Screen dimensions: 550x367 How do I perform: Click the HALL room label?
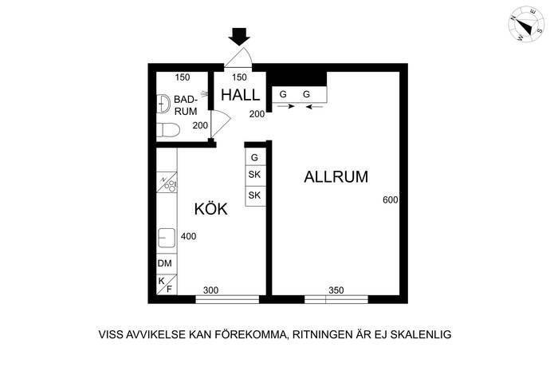coord(240,95)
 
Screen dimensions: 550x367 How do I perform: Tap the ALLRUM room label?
coord(336,176)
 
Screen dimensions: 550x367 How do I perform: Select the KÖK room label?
coord(210,208)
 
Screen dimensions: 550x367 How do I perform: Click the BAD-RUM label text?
coord(186,105)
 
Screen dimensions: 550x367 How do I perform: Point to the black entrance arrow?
coord(239,37)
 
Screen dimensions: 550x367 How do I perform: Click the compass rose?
coord(526,24)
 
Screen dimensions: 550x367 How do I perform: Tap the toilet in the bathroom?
coord(168,130)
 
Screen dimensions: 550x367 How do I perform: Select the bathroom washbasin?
coord(163,104)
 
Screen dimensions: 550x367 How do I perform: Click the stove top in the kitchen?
coord(167,182)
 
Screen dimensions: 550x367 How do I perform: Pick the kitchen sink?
coord(167,238)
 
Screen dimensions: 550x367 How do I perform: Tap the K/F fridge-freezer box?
coord(167,285)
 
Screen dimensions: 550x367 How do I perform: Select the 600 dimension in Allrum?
coord(391,199)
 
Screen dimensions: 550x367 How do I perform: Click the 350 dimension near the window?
coord(336,290)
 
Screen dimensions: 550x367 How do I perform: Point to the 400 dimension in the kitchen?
coord(188,236)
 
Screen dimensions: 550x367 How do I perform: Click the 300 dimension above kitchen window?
coord(210,290)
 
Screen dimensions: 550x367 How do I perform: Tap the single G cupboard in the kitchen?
coord(255,157)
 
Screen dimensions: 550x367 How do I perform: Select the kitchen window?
coord(227,299)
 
